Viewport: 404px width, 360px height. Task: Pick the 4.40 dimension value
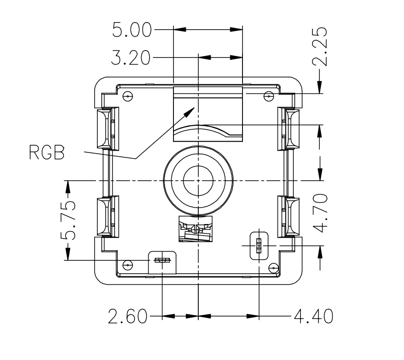(x=313, y=317)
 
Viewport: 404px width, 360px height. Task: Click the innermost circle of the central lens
(x=198, y=181)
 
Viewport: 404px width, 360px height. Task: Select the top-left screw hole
(x=128, y=96)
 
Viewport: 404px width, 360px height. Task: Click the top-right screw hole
(x=268, y=96)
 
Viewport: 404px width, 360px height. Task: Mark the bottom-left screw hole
(x=128, y=265)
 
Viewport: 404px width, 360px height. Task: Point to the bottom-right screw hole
(x=273, y=268)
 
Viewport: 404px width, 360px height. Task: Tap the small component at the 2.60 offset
(x=163, y=260)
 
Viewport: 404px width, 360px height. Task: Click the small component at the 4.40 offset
(x=259, y=245)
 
